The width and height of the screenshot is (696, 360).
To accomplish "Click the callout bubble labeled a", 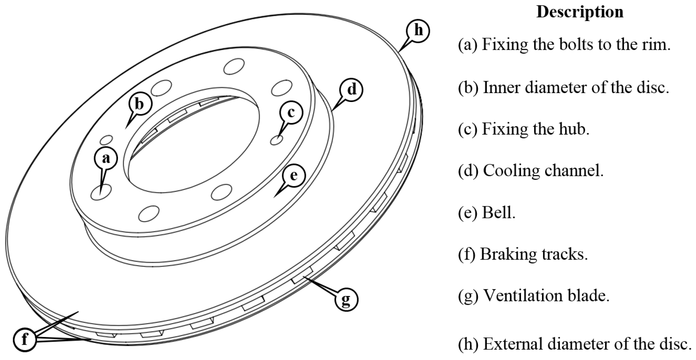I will [106, 158].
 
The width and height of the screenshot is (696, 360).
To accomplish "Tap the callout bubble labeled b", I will [140, 104].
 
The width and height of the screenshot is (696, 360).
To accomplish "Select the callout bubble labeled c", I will [291, 113].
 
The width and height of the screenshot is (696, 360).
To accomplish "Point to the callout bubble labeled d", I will [351, 89].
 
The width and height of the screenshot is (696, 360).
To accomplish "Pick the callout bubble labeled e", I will [293, 175].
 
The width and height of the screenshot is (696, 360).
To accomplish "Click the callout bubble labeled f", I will [25, 339].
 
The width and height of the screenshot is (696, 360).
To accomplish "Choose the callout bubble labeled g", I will [347, 299].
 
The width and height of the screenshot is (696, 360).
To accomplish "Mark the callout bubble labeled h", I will [418, 31].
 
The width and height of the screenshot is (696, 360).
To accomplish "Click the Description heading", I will [580, 12].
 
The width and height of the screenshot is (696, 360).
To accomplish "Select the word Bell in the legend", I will [498, 212].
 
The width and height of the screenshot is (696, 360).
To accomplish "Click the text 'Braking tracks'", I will [534, 254].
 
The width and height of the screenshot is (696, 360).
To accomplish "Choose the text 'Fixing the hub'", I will [535, 129].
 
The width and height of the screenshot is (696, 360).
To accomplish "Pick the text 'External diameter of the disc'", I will [587, 344].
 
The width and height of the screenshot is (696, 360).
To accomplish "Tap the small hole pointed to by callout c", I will [276, 140].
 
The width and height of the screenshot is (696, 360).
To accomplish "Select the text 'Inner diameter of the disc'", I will [575, 87].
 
